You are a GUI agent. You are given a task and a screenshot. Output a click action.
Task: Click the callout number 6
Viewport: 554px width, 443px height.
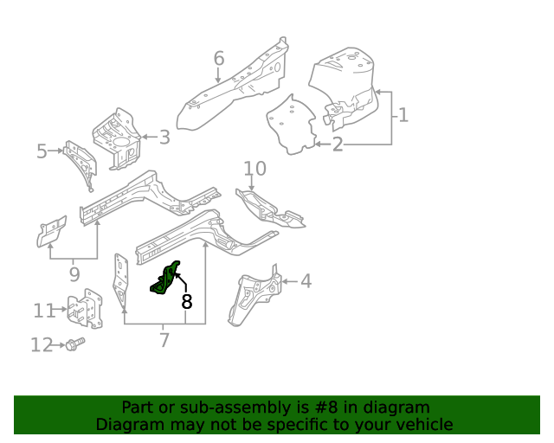click(219, 59)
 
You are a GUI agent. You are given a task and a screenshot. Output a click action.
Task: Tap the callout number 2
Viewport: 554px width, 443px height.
click(338, 144)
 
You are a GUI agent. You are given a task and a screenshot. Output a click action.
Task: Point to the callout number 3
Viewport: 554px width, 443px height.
click(164, 137)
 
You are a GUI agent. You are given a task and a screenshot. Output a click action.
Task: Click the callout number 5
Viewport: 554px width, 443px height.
click(42, 152)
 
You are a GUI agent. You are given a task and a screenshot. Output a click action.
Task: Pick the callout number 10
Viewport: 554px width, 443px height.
click(254, 169)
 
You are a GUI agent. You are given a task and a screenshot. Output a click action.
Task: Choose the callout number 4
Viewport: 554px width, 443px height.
click(306, 280)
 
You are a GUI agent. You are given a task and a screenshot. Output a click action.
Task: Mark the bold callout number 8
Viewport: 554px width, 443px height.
click(187, 302)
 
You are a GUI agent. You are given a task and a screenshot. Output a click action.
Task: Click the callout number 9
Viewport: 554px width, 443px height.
click(74, 274)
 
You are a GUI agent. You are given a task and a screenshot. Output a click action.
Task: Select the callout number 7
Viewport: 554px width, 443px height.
click(164, 340)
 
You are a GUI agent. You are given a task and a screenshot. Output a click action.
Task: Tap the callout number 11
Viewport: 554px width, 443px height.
click(44, 311)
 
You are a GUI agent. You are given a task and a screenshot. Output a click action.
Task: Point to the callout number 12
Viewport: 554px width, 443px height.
click(42, 345)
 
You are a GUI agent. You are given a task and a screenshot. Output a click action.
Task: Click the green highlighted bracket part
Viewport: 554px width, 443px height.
click(167, 279)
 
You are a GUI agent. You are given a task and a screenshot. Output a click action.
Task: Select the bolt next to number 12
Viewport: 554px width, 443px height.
click(74, 344)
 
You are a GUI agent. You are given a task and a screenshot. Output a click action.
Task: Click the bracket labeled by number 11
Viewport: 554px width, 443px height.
click(85, 310)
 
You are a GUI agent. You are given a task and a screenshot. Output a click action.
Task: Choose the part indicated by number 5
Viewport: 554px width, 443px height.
click(80, 162)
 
